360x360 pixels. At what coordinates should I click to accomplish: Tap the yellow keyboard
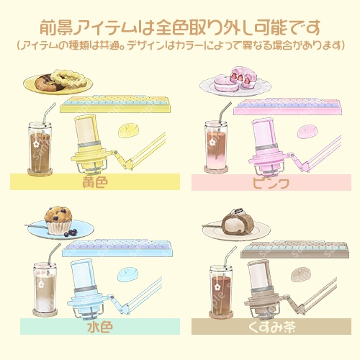click(x=115, y=104)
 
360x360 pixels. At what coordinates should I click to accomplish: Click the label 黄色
click(x=95, y=183)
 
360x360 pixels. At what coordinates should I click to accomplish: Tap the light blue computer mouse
click(x=130, y=274)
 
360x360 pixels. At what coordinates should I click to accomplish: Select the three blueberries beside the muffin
click(x=69, y=233)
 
